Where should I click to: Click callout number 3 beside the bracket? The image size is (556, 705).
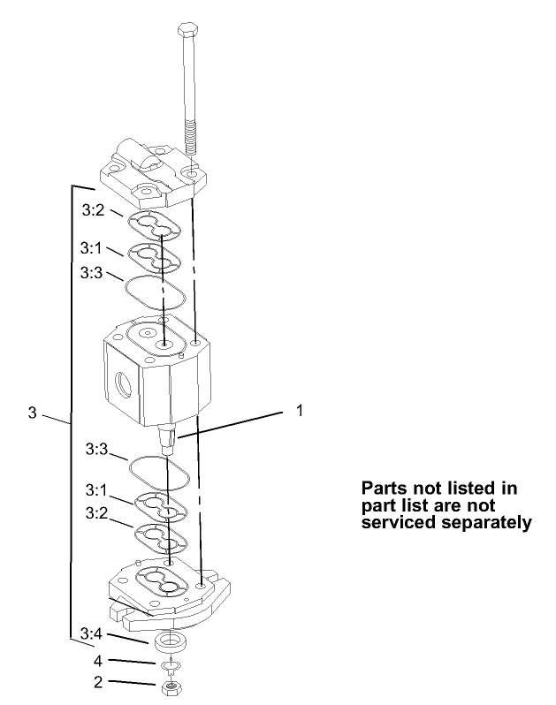click(x=33, y=413)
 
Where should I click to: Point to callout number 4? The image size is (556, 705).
click(x=98, y=660)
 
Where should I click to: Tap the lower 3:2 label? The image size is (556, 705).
click(x=97, y=512)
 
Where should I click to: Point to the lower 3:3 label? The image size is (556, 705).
click(x=97, y=450)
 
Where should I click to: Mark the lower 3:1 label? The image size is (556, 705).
click(x=97, y=489)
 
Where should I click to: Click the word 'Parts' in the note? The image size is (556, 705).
click(x=385, y=489)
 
